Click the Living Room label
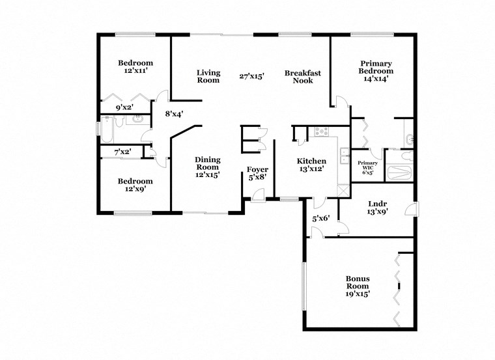[208, 77]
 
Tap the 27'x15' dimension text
[251, 76]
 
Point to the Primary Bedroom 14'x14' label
[376, 71]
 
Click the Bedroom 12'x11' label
[135, 66]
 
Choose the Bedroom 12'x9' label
[135, 185]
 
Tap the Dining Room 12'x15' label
[208, 167]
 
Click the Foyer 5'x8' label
[257, 174]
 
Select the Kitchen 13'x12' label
[311, 165]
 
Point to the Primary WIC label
[368, 168]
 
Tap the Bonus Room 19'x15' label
[358, 286]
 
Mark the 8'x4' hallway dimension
[174, 113]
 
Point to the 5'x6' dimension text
[321, 219]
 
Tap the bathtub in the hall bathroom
[108, 129]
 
